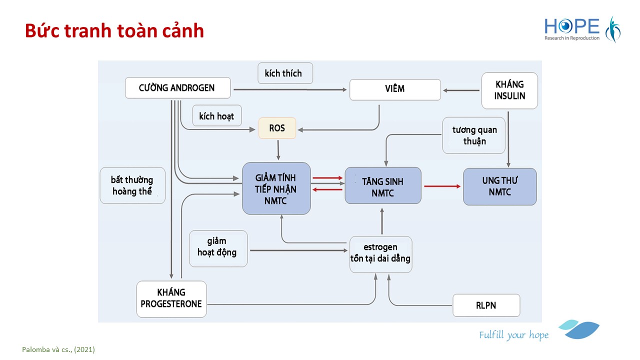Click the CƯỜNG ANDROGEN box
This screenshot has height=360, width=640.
tap(177, 88)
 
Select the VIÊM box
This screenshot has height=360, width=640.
tap(395, 89)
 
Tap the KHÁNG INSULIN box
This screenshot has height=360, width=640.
tap(509, 90)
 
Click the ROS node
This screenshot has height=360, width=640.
tap(277, 128)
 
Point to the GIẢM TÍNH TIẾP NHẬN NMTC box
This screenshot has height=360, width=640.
tap(276, 188)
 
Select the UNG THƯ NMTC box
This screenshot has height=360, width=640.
tap(499, 186)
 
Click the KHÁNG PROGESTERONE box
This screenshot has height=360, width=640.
tap(171, 298)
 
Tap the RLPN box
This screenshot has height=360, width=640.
tap(486, 305)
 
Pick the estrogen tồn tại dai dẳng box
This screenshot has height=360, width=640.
tap(380, 254)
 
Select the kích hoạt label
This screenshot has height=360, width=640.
tap(216, 116)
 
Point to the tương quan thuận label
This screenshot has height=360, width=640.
tap(474, 135)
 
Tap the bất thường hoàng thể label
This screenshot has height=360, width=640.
tap(132, 185)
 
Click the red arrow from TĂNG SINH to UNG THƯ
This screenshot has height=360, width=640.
tap(442, 186)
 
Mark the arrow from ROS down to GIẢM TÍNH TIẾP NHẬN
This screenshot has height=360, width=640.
tap(277, 150)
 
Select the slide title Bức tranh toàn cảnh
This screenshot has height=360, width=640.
tap(114, 31)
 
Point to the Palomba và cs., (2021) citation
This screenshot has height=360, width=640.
tap(58, 349)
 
